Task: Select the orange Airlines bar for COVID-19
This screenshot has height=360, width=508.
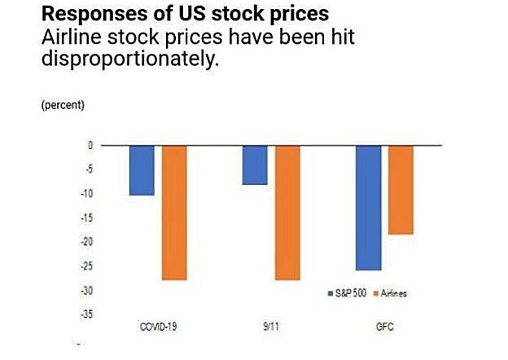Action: click(x=174, y=213)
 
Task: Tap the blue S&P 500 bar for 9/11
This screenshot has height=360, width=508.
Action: click(x=256, y=165)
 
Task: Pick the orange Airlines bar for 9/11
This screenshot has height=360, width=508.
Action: click(x=287, y=213)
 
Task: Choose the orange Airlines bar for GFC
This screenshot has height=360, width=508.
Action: click(x=401, y=190)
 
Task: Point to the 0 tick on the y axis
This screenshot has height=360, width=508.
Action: click(x=91, y=145)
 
